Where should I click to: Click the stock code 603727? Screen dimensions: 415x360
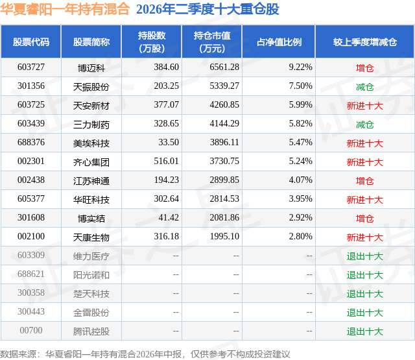coord(31,67)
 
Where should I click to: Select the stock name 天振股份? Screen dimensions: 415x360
coord(91,86)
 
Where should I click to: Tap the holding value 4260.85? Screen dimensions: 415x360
coord(224,104)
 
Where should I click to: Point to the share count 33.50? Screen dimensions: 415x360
coord(169,142)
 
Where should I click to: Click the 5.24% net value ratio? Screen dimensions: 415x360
coord(300,161)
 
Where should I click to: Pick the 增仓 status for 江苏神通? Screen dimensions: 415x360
coord(364,181)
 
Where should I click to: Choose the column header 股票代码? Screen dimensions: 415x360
coord(31,42)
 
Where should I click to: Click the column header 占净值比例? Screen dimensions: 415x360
coord(279,42)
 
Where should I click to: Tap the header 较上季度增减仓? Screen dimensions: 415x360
coord(365,42)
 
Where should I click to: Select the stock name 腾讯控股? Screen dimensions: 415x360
coord(91,331)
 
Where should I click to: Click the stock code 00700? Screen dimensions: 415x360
coord(31,330)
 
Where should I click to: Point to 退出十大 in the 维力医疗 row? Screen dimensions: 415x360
coord(365,256)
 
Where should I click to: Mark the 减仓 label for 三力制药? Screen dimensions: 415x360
coord(364,125)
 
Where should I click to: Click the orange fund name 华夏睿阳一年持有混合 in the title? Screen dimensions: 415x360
coord(65,9)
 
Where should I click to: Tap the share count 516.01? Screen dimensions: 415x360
coord(166,161)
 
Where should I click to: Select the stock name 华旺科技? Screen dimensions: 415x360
coord(91,200)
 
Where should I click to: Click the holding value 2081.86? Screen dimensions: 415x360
coord(224,217)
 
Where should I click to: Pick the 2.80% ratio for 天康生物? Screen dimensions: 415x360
coord(300,236)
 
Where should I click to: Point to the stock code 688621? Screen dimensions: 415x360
coord(31,274)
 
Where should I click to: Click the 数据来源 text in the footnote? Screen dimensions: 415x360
coord(18,354)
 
